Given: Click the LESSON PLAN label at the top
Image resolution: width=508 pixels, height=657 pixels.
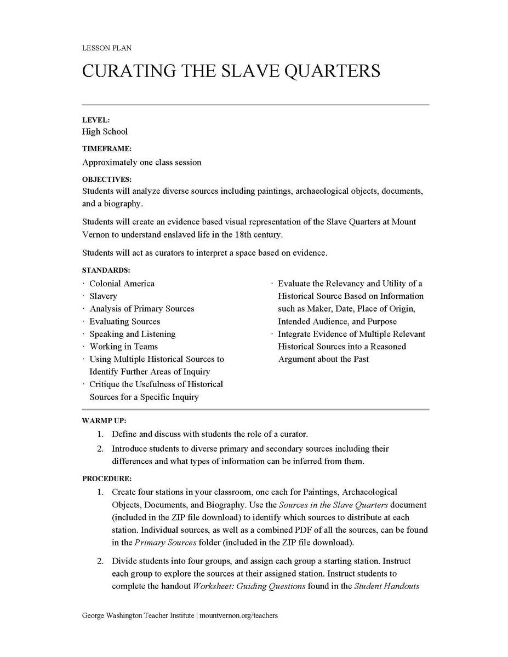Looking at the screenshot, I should pos(107,48).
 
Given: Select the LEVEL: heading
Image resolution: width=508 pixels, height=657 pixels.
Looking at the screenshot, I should pos(96,119).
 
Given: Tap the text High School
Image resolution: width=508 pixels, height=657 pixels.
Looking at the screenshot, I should pos(105,131).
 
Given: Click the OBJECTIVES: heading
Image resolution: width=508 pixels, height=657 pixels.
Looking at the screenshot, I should pos(107,179).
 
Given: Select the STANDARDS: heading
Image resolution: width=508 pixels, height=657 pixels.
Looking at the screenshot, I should pos(106,270).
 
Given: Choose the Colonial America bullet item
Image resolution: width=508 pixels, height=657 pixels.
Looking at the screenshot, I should pos(122,284).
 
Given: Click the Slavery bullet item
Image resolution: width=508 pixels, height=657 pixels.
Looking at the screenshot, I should pos(103,296).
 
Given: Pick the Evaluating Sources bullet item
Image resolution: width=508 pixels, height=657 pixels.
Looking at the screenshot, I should pos(124,321).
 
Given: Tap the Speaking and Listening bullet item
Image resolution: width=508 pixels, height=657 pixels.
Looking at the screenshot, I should pos(132,334).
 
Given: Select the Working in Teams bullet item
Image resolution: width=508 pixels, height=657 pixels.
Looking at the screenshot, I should pos(123,347).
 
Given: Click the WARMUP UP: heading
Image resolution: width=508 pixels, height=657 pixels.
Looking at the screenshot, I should pos(104,421).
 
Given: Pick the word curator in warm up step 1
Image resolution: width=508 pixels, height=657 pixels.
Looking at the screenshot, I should pos(294,434).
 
